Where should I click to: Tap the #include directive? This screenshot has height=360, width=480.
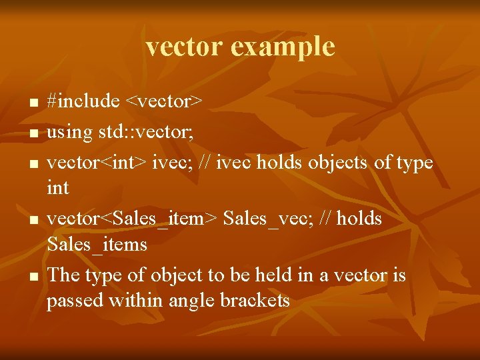[x=83, y=101]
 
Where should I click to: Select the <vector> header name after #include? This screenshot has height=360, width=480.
[x=165, y=101]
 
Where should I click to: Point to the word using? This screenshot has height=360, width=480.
[x=69, y=132]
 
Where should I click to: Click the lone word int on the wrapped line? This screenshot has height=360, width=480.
[x=57, y=188]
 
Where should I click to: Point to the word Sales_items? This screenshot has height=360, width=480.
[x=97, y=245]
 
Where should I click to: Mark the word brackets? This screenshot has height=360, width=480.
[x=257, y=301]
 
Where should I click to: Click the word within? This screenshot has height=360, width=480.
[x=136, y=301]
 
